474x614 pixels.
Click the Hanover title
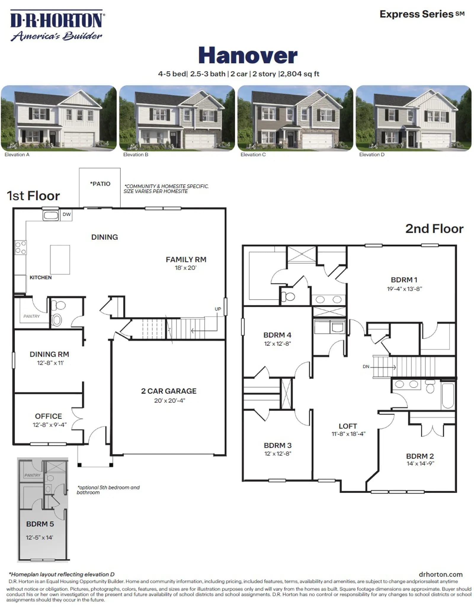[248, 55]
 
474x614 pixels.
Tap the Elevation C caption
[253, 154]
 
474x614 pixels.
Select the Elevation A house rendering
[59, 118]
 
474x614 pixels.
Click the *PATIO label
[100, 184]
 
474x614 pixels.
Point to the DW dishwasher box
[67, 214]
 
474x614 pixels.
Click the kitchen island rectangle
[60, 259]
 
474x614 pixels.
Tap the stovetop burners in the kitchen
[21, 248]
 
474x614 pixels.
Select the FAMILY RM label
[186, 259]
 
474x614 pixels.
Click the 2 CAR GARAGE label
[169, 391]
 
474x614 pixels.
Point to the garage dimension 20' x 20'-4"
[169, 401]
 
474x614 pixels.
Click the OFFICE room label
[49, 416]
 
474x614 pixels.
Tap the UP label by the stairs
[218, 309]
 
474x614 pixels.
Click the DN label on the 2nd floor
[366, 367]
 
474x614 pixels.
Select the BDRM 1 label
[404, 280]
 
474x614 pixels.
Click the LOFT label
[348, 426]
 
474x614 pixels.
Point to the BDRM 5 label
[40, 524]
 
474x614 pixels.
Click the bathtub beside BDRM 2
[448, 396]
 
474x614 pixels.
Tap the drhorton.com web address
[441, 574]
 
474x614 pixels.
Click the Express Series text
[422, 14]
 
